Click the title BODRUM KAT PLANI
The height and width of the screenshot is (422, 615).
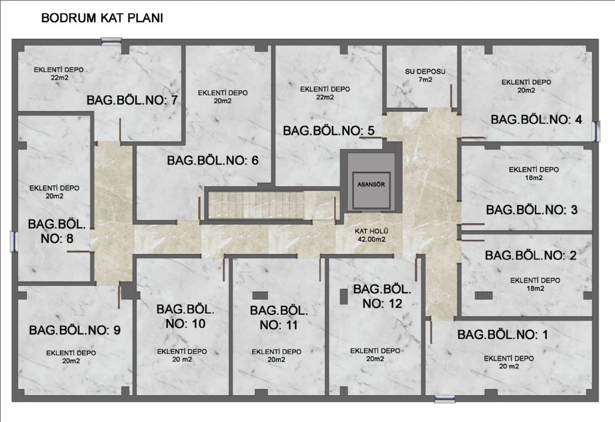pyautogui.click(x=102, y=18)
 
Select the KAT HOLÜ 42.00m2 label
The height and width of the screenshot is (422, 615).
pyautogui.click(x=371, y=235)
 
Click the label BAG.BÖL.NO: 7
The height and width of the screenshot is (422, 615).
pyautogui.click(x=132, y=100)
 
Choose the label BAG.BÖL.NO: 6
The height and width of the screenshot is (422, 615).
pyautogui.click(x=212, y=160)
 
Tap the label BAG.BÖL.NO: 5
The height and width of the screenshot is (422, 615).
pyautogui.click(x=329, y=131)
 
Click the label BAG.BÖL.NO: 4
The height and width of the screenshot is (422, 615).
pyautogui.click(x=536, y=119)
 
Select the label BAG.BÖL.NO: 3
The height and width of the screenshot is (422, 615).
pyautogui.click(x=532, y=209)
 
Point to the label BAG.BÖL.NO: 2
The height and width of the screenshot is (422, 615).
pyautogui.click(x=531, y=255)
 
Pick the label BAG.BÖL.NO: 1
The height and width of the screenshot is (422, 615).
pyautogui.click(x=503, y=334)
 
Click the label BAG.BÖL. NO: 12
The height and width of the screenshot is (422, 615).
pyautogui.click(x=382, y=296)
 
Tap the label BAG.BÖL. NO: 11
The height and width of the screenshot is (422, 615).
pyautogui.click(x=279, y=318)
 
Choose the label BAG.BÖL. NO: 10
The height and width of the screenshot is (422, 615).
pyautogui.click(x=186, y=316)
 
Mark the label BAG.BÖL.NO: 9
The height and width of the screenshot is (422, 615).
pyautogui.click(x=75, y=330)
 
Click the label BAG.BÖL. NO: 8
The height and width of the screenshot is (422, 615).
pyautogui.click(x=57, y=231)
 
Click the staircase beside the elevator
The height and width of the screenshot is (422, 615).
pyautogui.click(x=256, y=205)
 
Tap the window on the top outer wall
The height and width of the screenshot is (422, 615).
pyautogui.click(x=111, y=41)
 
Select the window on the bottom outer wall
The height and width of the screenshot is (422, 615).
pyautogui.click(x=445, y=399)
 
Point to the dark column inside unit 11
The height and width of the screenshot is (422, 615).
pyautogui.click(x=260, y=295)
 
